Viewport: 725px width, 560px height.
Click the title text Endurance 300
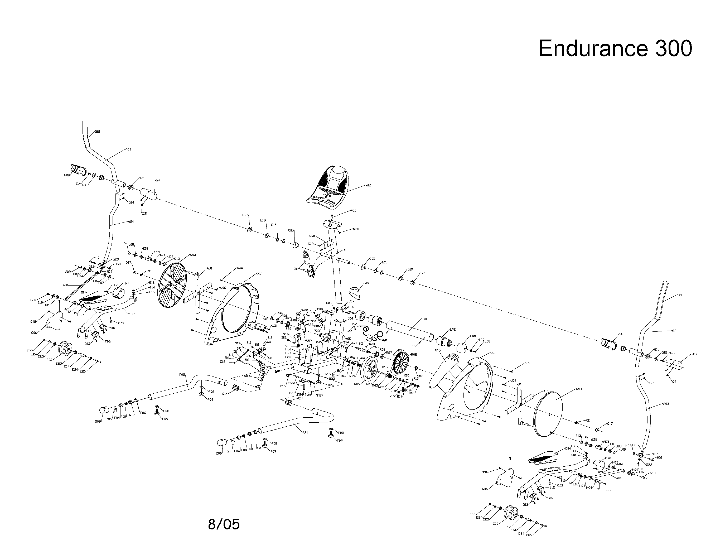pyautogui.click(x=615, y=49)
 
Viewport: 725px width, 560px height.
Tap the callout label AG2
pyautogui.click(x=128, y=150)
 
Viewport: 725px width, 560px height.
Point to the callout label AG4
pyautogui.click(x=131, y=222)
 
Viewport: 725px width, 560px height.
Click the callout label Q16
pyautogui.click(x=438, y=350)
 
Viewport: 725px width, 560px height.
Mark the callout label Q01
pyautogui.click(x=493, y=353)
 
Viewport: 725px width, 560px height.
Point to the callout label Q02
pyautogui.click(x=259, y=274)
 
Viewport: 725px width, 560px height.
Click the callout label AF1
pyautogui.click(x=305, y=433)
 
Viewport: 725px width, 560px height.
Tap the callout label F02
pyautogui.click(x=182, y=374)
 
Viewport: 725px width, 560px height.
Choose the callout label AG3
pyautogui.click(x=666, y=404)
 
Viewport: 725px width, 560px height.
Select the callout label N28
pyautogui.click(x=356, y=229)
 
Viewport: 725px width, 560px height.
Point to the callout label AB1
pyautogui.click(x=349, y=339)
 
